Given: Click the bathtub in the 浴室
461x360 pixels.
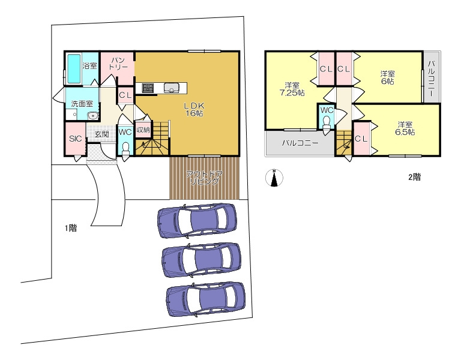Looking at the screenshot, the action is coord(74,68).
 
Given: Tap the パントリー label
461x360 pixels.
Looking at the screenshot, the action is coord(118,64).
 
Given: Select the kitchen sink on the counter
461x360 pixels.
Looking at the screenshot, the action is coord(172,88).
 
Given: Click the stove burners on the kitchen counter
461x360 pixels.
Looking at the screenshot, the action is coord(148,88).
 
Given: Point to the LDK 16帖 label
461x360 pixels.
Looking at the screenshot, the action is coord(194,109).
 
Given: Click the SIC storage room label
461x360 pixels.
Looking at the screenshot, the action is coord(75,139).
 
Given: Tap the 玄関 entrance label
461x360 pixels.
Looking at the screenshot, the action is coord(101,134).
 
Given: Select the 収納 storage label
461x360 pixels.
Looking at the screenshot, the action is coord(143,130).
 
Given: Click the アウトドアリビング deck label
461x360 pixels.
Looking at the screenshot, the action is coord(204,178).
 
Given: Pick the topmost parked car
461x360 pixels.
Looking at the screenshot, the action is coord(197,220).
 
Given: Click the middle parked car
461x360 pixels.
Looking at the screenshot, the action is coord(201,259).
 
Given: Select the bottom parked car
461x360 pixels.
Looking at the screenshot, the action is coord(206,299).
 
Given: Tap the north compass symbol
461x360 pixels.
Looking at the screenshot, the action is coord(274,178).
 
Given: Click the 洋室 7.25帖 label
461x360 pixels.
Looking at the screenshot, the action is coord(292,89).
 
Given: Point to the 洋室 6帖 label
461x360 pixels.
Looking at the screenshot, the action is coord(388,77).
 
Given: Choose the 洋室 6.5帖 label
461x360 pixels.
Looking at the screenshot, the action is coord(405,128).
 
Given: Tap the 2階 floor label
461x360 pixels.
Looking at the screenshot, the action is coord(414,177).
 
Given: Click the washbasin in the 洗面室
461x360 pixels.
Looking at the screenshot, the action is coord(92,115).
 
